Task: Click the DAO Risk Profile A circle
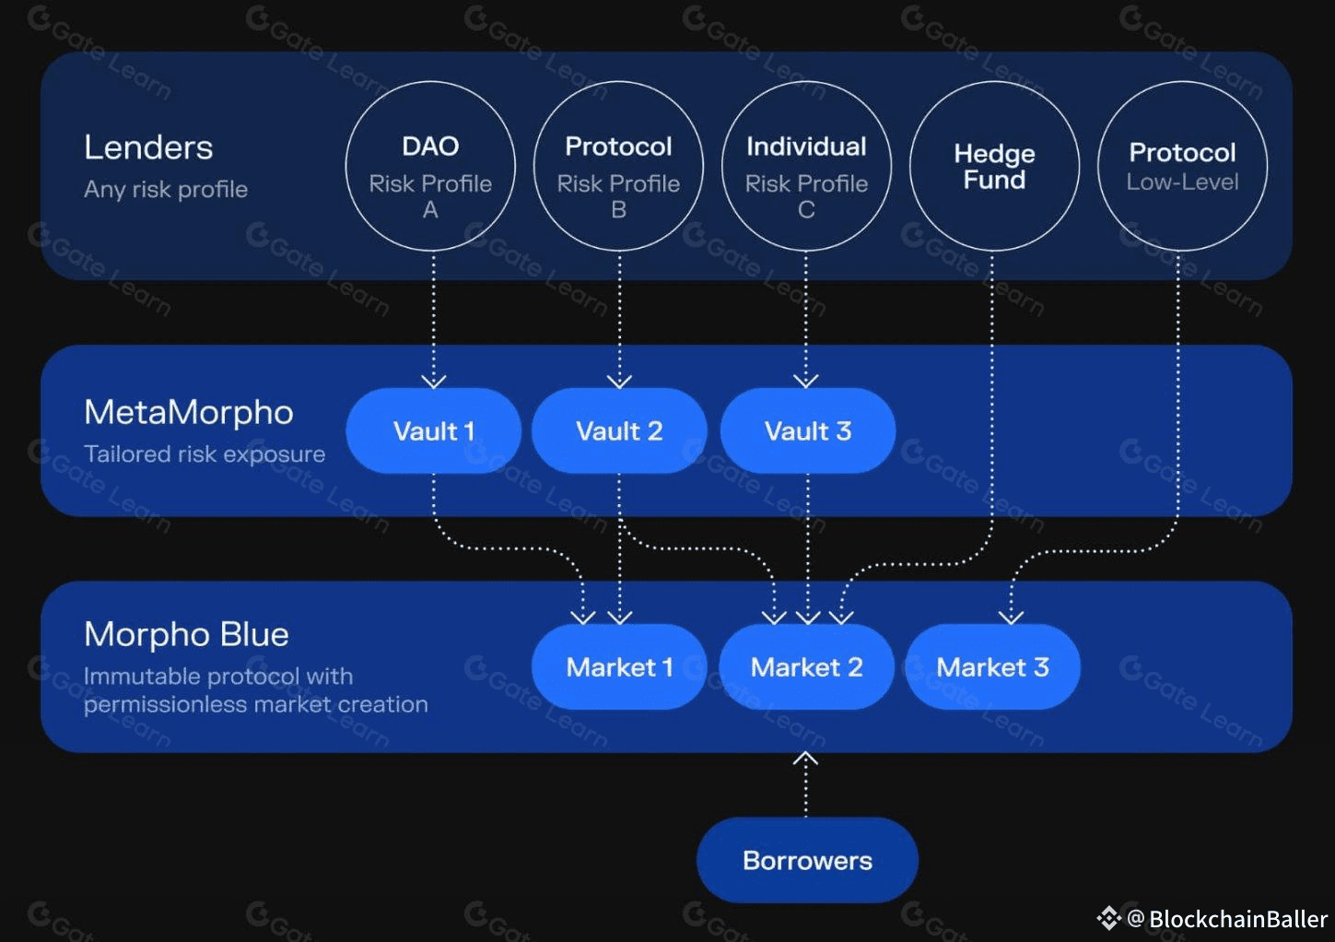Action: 430,167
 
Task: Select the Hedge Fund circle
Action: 994,167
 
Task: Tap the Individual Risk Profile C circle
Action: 806,167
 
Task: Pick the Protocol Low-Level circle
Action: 1182,167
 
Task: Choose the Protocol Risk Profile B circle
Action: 618,167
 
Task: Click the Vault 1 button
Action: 434,430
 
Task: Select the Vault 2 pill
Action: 619,430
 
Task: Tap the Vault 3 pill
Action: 807,430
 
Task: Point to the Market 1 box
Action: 619,666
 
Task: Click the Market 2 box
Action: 806,666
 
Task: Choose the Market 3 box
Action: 992,666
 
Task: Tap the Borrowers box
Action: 807,860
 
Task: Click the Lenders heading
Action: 148,147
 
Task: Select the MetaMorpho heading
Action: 189,412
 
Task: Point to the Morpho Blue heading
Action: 186,634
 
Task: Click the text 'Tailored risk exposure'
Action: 205,453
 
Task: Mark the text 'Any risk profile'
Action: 166,189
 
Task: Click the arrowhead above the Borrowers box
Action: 806,759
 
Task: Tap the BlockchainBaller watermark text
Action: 1237,919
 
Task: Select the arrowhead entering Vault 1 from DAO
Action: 434,381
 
